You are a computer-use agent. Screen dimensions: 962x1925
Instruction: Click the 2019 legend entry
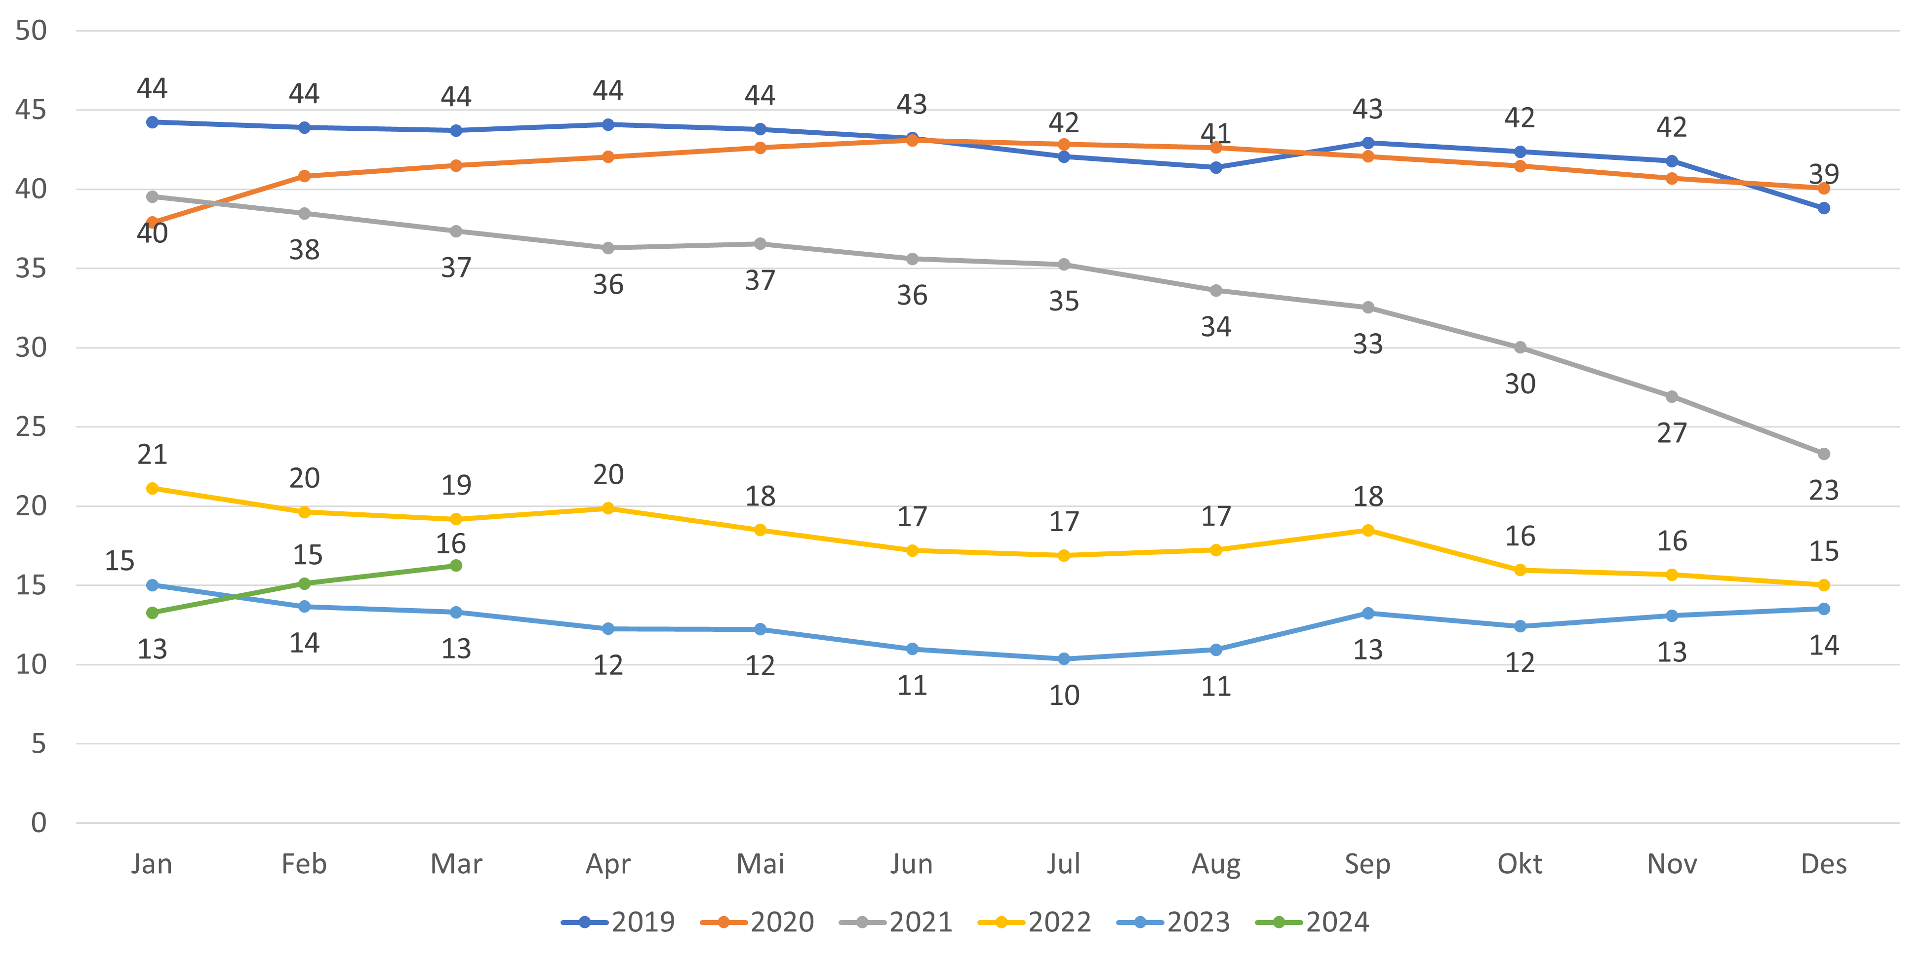coord(619,923)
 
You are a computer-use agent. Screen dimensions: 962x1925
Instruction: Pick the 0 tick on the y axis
coord(38,823)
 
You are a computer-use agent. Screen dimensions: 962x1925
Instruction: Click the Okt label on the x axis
coord(1519,864)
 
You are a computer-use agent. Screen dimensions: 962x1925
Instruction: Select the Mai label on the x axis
coord(760,864)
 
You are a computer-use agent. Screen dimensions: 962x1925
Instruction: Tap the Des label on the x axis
coord(1823,864)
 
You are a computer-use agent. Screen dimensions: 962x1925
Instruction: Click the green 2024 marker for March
coord(456,565)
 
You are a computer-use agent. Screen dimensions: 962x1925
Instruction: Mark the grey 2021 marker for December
coord(1823,454)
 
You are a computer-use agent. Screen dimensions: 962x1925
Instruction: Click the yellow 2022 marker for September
coord(1367,530)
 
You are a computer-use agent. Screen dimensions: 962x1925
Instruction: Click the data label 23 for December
coord(1823,490)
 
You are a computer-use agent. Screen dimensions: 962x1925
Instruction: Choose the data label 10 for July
coord(1064,696)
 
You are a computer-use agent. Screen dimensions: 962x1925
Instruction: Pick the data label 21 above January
coord(152,454)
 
